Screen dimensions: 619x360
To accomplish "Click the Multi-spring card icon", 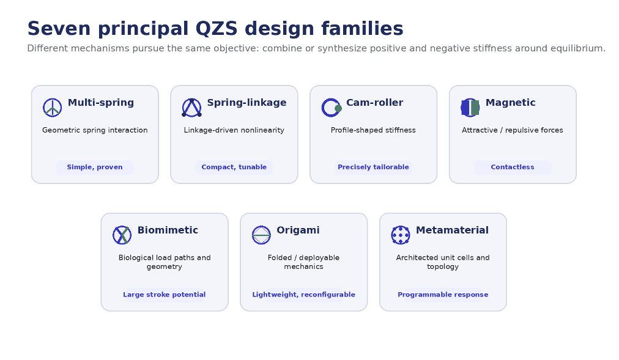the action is tap(53, 108).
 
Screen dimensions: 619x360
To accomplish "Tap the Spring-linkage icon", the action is tap(192, 108).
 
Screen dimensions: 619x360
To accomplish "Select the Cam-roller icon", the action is tap(331, 108).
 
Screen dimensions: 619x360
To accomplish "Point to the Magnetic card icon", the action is tap(470, 108).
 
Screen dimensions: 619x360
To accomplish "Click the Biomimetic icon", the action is tap(122, 235).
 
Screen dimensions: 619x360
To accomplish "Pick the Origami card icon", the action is tap(261, 235).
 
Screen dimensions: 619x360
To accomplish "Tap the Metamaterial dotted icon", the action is tap(401, 235).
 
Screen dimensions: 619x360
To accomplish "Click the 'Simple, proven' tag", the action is tap(95, 167).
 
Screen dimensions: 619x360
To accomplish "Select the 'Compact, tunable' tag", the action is tap(234, 167).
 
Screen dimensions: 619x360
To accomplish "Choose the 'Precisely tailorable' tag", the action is tap(374, 167).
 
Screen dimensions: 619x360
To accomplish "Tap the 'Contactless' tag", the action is tap(513, 167).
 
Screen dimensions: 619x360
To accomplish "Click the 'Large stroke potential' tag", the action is tap(164, 295).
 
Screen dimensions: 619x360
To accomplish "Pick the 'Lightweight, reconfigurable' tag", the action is tap(303, 295).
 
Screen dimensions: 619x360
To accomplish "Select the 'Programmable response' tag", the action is tap(443, 295).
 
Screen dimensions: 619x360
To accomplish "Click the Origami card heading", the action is tap(298, 230).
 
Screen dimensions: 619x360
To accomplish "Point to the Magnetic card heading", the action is tap(511, 103).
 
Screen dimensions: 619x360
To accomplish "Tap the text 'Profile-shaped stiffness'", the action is tap(373, 130).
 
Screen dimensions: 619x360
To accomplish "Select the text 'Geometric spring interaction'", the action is tap(95, 130).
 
